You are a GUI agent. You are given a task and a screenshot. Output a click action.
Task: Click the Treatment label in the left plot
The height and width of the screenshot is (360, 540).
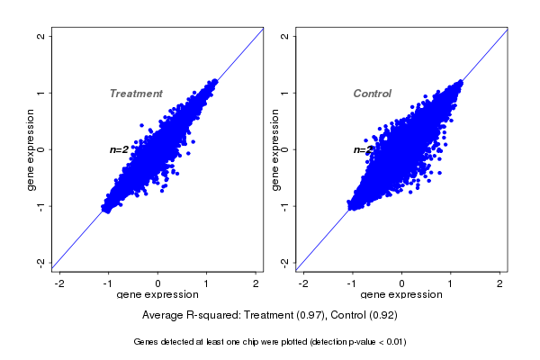coord(136,94)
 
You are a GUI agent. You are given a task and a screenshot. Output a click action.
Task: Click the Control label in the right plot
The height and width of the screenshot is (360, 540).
coord(372,94)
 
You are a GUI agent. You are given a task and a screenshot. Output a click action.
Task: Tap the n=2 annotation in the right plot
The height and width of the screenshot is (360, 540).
coord(362,150)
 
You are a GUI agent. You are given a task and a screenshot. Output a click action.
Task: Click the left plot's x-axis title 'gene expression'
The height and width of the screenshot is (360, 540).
coord(157,295)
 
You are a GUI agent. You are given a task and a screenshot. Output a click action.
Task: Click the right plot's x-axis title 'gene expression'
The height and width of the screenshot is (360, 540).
coord(401,295)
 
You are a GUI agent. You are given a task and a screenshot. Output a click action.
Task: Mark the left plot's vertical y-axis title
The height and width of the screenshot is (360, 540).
coord(31,149)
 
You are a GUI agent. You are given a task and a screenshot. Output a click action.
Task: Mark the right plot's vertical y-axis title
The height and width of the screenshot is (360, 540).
coord(274,149)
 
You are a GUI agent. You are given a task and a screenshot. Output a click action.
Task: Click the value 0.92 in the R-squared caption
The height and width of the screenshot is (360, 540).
coord(383,316)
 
